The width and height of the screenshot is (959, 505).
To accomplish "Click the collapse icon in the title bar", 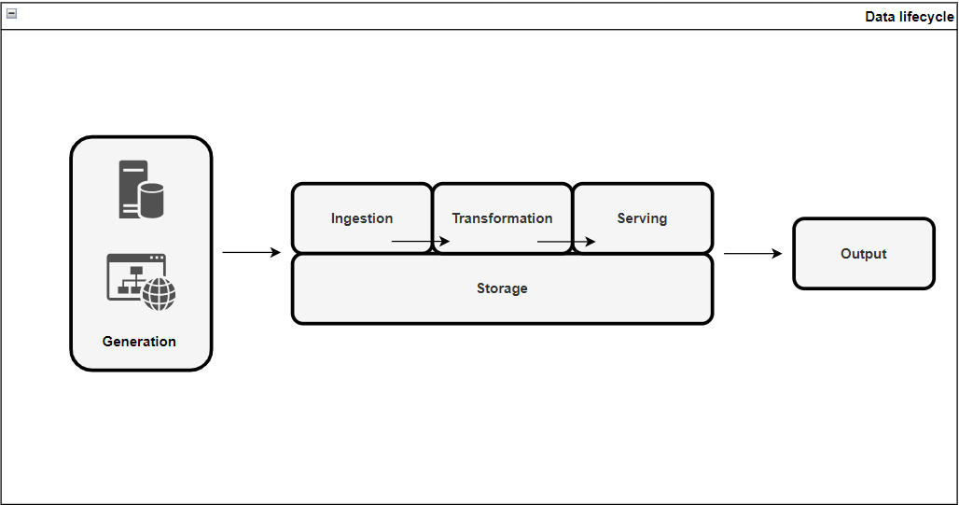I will pos(11,14).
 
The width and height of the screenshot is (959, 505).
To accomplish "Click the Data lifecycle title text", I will pos(909,17).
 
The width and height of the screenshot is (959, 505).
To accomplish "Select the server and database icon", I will pos(140,189).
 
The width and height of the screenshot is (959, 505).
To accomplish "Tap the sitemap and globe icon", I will pos(141,282).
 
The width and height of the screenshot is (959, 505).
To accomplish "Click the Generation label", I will pos(139,342).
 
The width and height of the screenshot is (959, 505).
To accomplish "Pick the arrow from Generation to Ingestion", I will pos(251,252).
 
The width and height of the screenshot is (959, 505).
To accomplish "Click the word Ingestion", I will pos(362,218).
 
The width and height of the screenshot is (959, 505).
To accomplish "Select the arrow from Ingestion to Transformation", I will pos(420,242).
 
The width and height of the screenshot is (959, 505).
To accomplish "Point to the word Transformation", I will pos(502,218).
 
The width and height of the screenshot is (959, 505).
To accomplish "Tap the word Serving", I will pos(642,218).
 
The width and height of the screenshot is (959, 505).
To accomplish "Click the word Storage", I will pos(502,288).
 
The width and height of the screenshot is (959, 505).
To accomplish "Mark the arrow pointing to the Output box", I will pos(753,253).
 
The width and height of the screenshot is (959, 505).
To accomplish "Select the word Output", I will pos(863,254).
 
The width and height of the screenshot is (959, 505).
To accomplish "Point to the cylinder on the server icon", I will pos(151,200).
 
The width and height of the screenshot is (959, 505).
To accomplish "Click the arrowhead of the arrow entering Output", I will pos(777,253).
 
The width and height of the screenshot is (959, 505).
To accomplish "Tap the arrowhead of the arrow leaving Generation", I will pos(275,252).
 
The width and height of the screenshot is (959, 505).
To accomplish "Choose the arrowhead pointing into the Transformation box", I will pos(445,242).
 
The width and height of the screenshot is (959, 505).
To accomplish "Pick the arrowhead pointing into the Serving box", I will pos(591,242).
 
